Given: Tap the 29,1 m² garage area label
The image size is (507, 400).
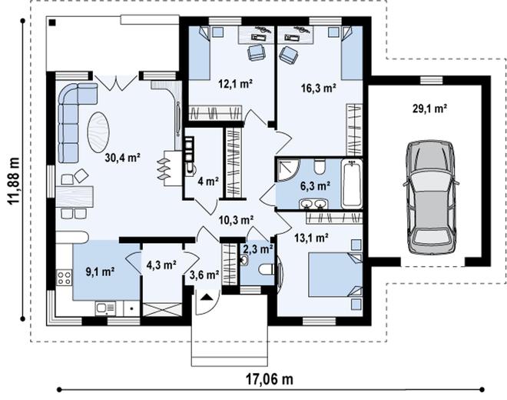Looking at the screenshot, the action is coord(429,108).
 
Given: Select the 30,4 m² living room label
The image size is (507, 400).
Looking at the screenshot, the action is coord(123,158).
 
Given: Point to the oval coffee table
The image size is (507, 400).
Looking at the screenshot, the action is coord(98,132).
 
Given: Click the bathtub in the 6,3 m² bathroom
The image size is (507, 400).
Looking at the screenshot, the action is coord(352,184).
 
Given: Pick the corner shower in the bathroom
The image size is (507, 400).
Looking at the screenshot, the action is coord(287,170).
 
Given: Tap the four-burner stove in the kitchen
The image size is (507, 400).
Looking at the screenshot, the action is coord(64,278).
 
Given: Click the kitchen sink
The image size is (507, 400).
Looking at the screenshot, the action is coord(106,308).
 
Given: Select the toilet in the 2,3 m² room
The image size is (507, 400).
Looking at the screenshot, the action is coord(267,269).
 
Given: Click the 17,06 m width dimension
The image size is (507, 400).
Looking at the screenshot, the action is coord(270,378).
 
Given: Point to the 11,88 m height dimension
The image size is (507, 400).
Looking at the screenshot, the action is coord(14,181).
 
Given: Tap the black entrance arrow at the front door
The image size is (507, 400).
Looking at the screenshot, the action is coord(207,298).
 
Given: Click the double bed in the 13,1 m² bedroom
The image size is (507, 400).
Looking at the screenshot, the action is coord(336,275).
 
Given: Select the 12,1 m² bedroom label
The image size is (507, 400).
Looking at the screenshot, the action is coord(235,84).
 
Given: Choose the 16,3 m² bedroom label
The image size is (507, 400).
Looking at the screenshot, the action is coord(319,88).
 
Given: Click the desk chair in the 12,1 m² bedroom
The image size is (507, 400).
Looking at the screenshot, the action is coord(257,52).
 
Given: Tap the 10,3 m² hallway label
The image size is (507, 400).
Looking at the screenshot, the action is coord(236,220).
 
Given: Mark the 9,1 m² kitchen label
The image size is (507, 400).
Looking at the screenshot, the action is coord(101,272).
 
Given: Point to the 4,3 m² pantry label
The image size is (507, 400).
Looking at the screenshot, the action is coord(161,265).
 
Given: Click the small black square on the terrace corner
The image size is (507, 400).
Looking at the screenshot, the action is coord(52,22).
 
